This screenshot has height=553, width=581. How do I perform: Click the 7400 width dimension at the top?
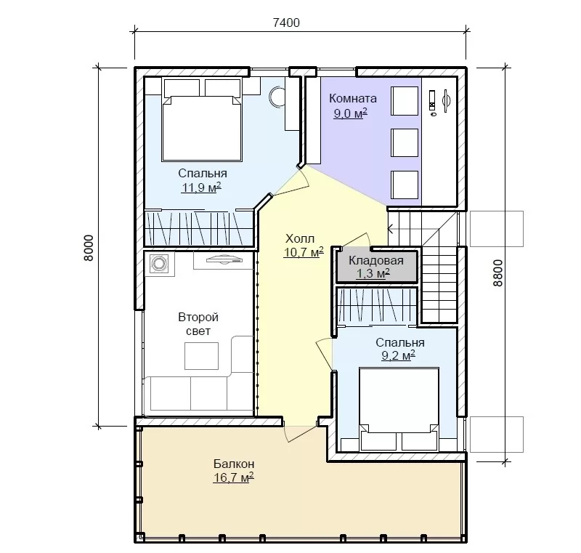[x=286, y=23]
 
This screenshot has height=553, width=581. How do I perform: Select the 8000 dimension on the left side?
[x=89, y=248]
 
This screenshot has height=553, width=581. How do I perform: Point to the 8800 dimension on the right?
[x=498, y=273]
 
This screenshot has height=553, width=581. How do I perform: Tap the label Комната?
[x=353, y=99]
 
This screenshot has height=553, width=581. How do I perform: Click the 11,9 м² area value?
[x=201, y=187]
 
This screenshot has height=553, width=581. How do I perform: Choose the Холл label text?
[x=300, y=238]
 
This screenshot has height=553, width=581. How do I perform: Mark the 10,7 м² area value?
[x=304, y=252]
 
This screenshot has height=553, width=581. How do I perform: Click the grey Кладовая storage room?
[x=377, y=266]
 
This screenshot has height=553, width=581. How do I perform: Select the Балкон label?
[x=234, y=464]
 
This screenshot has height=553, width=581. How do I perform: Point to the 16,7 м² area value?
[x=233, y=477]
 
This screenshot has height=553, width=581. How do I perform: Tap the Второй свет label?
[x=198, y=324]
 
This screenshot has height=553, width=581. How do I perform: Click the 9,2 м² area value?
[x=398, y=355]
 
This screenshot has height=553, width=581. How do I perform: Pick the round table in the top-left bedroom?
[x=277, y=97]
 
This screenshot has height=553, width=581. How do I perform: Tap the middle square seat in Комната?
[x=405, y=142]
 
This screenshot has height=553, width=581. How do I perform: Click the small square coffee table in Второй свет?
[x=202, y=356]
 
